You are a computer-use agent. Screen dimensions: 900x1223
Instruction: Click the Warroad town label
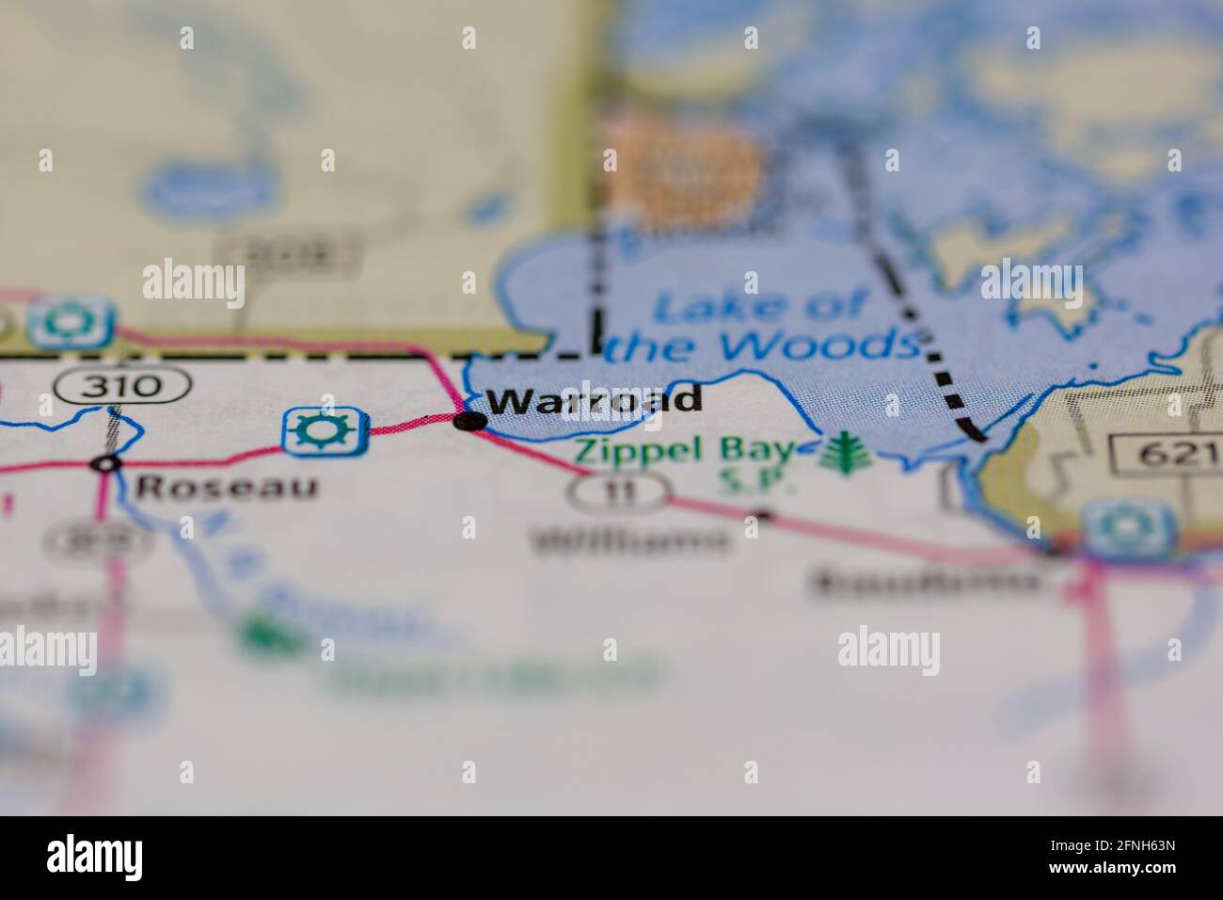(596, 400)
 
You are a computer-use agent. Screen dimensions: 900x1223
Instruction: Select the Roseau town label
(227, 487)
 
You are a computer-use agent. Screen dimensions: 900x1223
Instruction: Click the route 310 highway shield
(122, 384)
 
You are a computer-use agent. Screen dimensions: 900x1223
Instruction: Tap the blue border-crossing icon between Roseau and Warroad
(326, 430)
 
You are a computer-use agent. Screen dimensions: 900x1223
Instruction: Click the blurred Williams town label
(631, 541)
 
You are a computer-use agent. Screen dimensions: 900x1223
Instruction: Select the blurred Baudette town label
(927, 581)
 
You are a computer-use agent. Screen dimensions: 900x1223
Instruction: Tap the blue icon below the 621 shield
(1128, 529)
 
